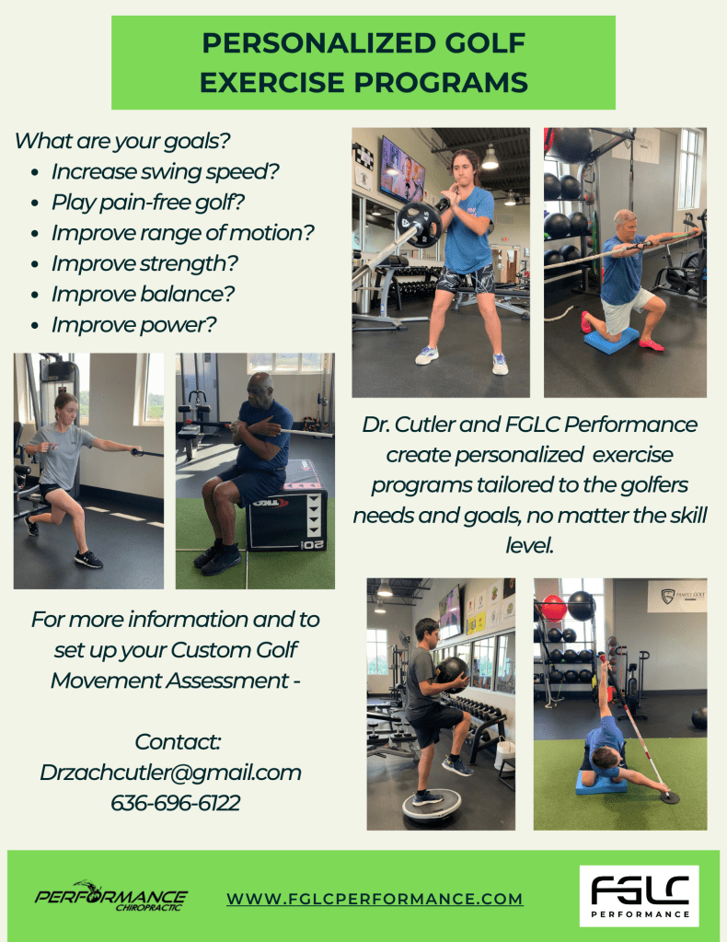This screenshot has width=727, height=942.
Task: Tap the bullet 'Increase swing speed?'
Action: coord(165,172)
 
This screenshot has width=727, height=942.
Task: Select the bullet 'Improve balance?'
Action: coord(143,295)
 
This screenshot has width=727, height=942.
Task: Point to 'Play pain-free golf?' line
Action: coord(147,203)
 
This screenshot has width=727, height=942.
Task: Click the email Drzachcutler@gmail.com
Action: coord(170,772)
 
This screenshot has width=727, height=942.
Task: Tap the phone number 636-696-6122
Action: coord(175,803)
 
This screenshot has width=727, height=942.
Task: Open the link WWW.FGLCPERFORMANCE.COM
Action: coord(375,899)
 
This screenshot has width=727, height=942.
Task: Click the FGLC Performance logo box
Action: coord(639,896)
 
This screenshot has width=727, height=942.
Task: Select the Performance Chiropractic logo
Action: coord(111,896)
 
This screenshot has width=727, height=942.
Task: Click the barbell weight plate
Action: coord(419,225)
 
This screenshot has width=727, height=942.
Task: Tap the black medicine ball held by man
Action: coord(453,674)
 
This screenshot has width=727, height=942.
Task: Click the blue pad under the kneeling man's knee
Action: coord(611,341)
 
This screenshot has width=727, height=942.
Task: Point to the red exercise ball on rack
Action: coord(553,608)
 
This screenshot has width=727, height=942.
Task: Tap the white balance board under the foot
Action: coord(431,805)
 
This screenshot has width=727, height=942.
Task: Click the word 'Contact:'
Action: coord(178,742)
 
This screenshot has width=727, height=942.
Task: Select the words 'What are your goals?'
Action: coord(122,141)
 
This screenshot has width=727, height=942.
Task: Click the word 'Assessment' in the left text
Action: coord(228,680)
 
